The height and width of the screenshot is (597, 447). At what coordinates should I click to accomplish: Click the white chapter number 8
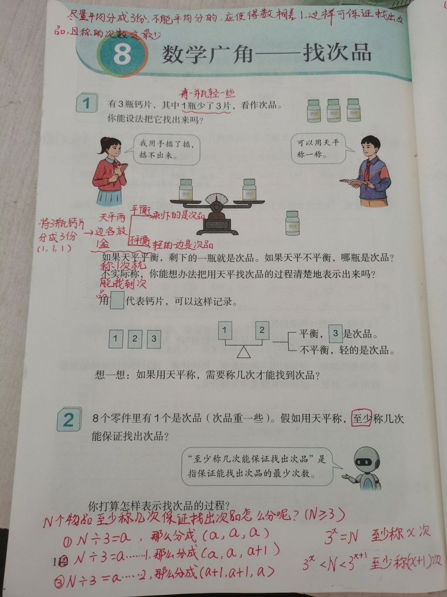tap(122, 55)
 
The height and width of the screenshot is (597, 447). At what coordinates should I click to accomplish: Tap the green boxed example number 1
tap(86, 103)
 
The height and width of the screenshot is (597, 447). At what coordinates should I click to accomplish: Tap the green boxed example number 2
tap(68, 421)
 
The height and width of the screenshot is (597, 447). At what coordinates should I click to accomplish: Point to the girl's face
tap(111, 149)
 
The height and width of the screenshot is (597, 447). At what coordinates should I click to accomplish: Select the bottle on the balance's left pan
tap(186, 189)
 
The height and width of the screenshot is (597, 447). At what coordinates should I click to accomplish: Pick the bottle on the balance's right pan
tap(249, 189)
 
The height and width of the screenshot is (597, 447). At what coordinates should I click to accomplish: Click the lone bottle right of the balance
tap(292, 223)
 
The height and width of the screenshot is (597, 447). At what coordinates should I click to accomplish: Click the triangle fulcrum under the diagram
tap(243, 352)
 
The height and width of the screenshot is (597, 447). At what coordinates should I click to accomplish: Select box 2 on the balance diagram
tap(262, 330)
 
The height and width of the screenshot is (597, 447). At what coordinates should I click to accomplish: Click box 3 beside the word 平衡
tap(335, 334)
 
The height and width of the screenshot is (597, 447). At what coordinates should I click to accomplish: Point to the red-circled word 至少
tap(361, 419)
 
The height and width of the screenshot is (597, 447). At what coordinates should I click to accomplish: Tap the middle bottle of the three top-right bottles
tap(333, 110)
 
